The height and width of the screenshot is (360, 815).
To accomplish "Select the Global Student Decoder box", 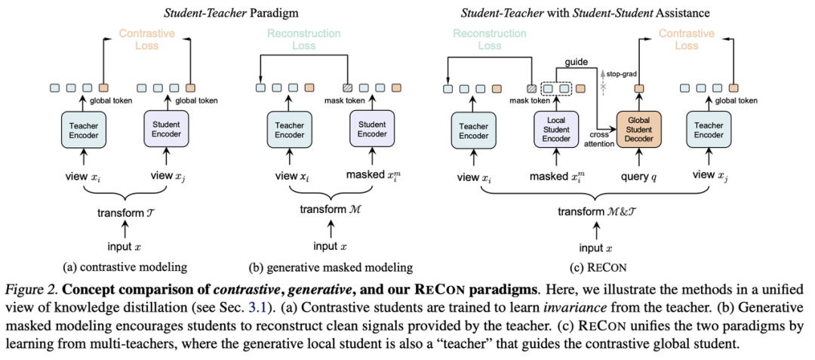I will [x=638, y=129].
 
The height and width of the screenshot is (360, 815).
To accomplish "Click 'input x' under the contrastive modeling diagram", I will [x=125, y=247].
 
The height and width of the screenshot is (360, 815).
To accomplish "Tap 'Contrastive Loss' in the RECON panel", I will [x=687, y=40].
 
